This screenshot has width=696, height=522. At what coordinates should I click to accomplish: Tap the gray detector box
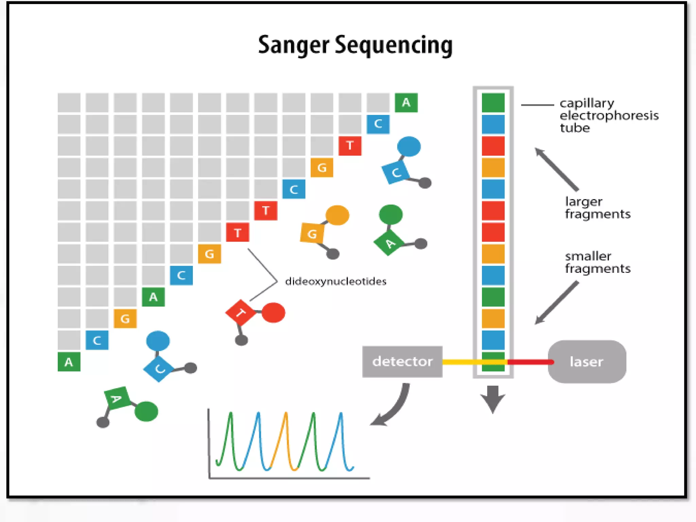pos(402,361)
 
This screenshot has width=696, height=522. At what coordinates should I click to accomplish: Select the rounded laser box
pos(587,362)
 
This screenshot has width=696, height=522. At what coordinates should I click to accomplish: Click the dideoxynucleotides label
pos(335,281)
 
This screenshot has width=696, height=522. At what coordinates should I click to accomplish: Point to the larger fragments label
pos(597,208)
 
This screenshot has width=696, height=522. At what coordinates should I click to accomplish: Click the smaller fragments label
pos(597,262)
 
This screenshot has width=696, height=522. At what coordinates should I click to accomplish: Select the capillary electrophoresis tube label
pos(608,115)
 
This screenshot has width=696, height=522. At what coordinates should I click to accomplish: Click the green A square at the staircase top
pos(406,102)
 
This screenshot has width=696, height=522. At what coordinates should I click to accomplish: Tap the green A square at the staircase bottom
pos(69,362)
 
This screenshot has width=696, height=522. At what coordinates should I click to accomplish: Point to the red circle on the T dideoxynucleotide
pos(273,312)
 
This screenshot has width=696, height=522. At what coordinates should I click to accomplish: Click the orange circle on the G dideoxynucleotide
pos(337,215)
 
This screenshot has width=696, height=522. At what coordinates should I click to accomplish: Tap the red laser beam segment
pos(530,362)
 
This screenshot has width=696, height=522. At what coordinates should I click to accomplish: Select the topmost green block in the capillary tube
pos(493,103)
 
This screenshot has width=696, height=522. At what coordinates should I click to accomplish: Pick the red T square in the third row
pos(350,145)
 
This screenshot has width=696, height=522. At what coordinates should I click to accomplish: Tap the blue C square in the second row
pos(378,124)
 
